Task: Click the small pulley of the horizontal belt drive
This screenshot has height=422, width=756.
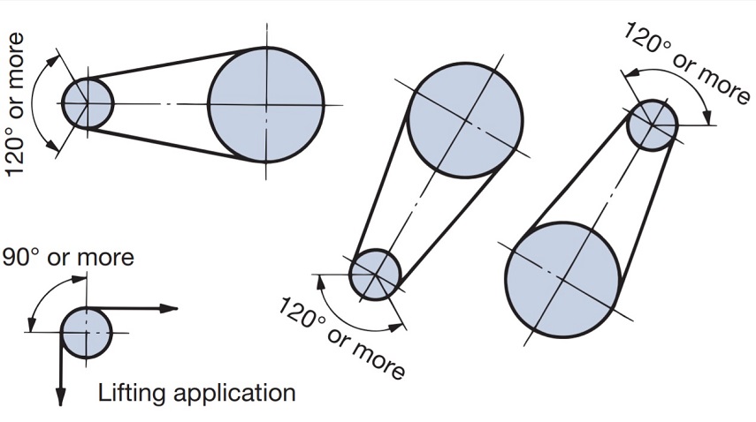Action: (x=88, y=102)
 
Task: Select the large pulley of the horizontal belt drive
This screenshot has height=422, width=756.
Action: (x=266, y=104)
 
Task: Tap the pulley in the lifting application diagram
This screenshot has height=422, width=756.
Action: (x=87, y=332)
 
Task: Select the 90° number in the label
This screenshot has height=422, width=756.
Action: (x=21, y=257)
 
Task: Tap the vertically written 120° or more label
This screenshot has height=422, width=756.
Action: (x=16, y=104)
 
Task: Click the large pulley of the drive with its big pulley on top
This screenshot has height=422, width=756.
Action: (x=466, y=119)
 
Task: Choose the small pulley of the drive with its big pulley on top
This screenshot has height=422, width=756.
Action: (x=375, y=275)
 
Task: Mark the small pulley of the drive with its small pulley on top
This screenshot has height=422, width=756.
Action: (x=653, y=124)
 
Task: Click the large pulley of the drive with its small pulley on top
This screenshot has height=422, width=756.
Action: (x=562, y=279)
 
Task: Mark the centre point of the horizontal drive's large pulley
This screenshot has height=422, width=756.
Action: (x=266, y=104)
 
